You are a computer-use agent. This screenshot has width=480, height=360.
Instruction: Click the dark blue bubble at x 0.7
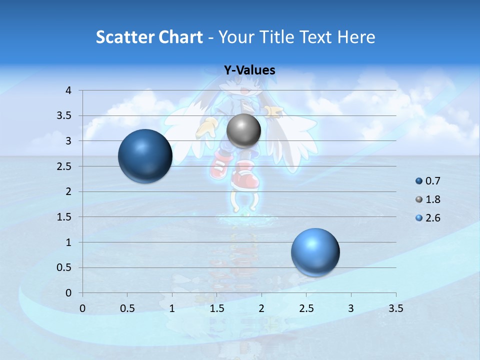tap(145, 156)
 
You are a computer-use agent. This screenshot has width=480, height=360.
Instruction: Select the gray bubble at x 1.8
tap(243, 131)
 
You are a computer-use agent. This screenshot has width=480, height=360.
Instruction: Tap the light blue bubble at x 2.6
tap(315, 252)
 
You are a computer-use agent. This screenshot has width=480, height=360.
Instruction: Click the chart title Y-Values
tap(249, 70)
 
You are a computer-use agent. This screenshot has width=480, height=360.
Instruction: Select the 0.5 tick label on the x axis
tap(127, 308)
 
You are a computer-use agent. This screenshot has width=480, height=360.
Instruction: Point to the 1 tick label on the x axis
tap(172, 308)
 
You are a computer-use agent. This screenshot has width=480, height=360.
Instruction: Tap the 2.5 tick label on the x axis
tap(306, 308)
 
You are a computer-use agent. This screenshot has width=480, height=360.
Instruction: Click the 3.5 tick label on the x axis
tap(396, 308)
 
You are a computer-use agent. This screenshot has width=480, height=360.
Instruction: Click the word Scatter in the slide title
tap(125, 37)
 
